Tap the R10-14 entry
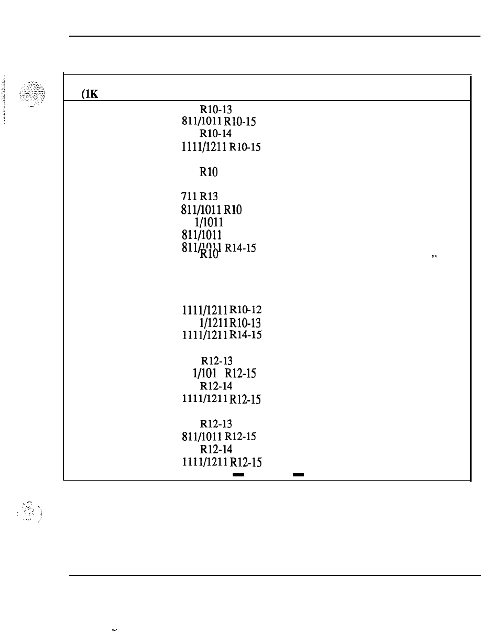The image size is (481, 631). [x=216, y=134]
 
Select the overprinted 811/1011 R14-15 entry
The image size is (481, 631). [x=217, y=249]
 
